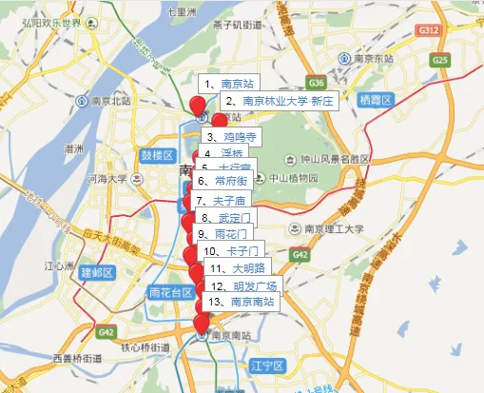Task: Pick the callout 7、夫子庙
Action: (221, 201)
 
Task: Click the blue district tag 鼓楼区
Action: (157, 154)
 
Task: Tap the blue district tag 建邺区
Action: (97, 272)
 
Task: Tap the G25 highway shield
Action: (438, 60)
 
